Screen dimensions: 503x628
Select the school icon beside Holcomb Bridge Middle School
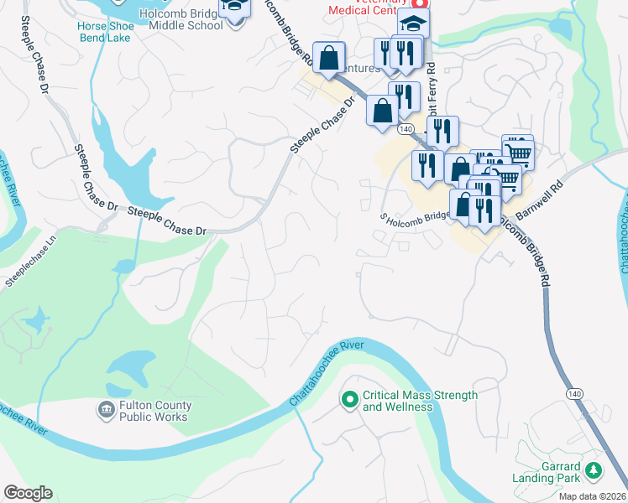(x=235, y=8)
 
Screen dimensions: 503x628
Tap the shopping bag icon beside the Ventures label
(x=329, y=58)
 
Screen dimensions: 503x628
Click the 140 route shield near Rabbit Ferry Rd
(x=406, y=129)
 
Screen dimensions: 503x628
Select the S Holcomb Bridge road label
(x=416, y=216)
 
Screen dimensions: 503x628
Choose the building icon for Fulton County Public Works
(x=107, y=409)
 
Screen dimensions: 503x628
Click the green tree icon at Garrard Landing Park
(x=594, y=471)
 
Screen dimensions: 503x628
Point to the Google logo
(x=28, y=493)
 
